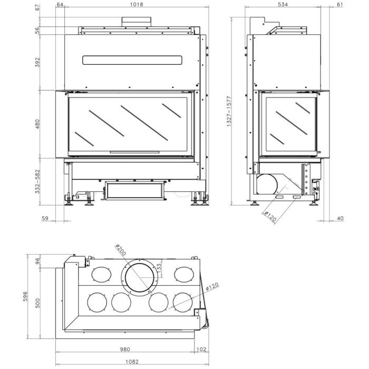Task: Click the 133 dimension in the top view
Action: coord(159,270)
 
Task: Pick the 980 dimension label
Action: coord(124,348)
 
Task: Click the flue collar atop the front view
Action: coord(137,21)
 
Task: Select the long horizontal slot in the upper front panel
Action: coord(133,60)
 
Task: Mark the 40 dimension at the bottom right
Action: coord(340,218)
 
